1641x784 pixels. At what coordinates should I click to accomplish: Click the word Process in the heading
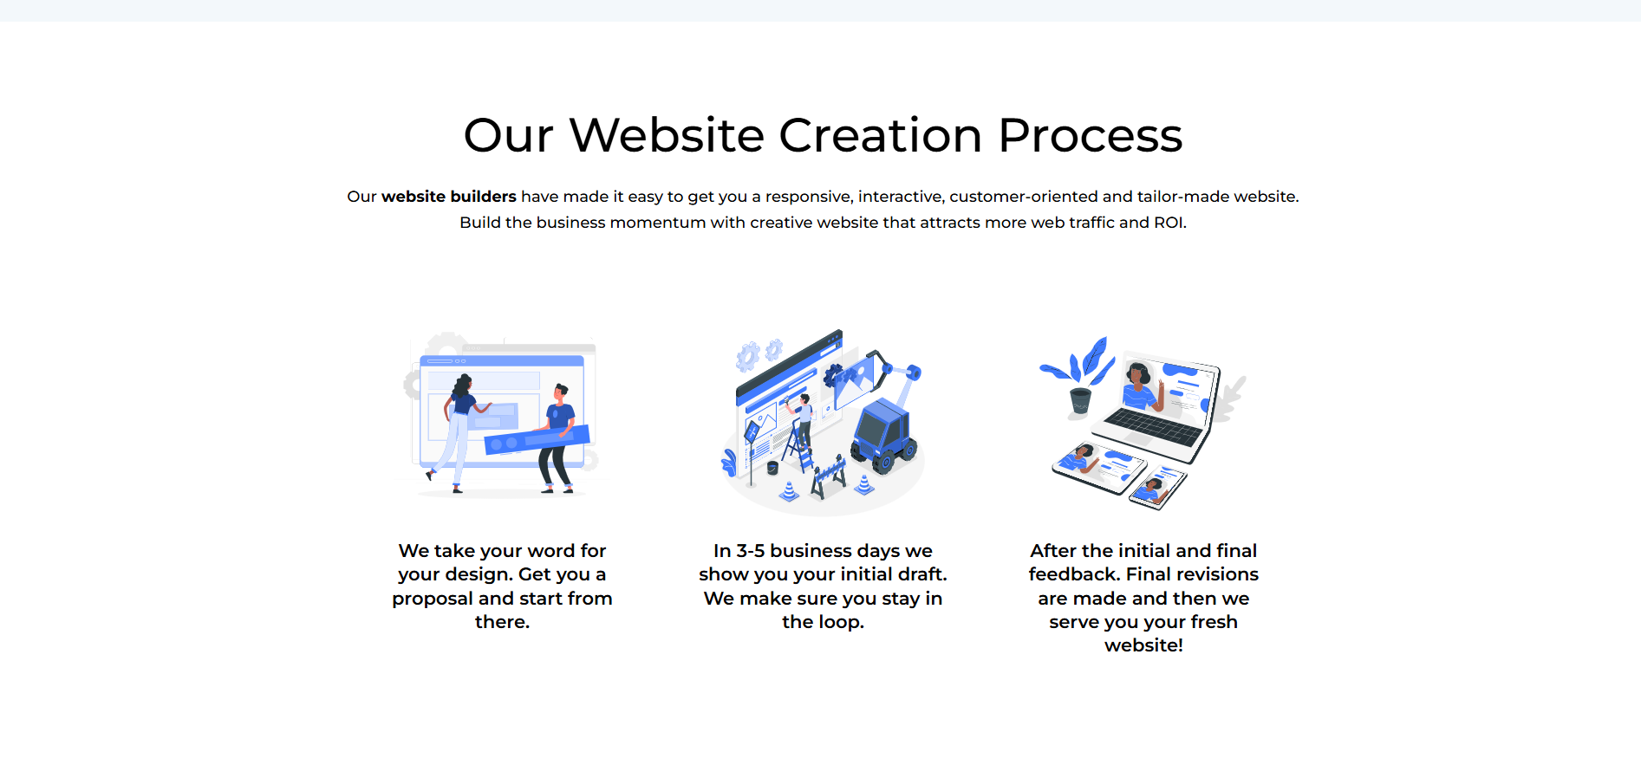click(x=1090, y=136)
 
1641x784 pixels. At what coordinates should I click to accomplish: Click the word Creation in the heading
click(x=880, y=136)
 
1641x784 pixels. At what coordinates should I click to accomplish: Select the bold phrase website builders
click(x=448, y=197)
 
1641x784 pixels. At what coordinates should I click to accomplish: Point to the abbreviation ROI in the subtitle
click(x=1168, y=223)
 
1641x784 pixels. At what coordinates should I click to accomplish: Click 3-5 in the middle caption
click(x=750, y=551)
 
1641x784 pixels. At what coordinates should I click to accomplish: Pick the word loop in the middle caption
click(x=839, y=622)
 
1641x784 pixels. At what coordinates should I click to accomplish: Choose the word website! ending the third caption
click(x=1143, y=645)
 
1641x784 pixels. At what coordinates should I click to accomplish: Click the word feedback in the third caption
click(x=1072, y=574)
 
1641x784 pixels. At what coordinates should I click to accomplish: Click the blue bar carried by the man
click(x=537, y=439)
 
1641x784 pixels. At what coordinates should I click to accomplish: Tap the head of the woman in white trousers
click(x=464, y=383)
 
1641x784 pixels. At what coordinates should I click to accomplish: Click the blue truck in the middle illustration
click(x=883, y=433)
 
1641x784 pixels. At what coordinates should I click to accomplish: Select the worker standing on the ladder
click(x=804, y=416)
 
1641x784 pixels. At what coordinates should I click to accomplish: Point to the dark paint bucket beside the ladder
click(x=772, y=468)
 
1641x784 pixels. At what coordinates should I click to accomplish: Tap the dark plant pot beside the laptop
click(x=1080, y=400)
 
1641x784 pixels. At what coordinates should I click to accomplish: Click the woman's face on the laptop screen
click(x=1136, y=377)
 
